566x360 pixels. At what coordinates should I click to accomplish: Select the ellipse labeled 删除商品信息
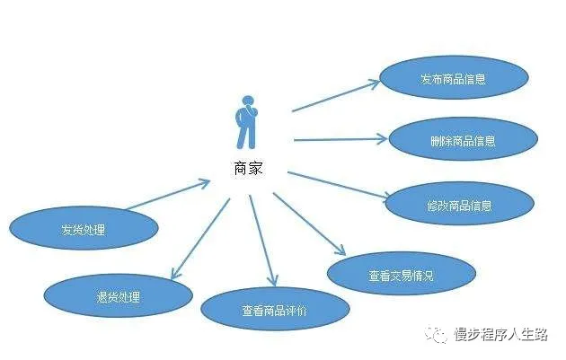tap(463, 140)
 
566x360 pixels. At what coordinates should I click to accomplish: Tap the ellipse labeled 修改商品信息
tap(459, 205)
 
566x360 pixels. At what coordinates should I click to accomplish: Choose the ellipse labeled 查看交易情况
tap(400, 275)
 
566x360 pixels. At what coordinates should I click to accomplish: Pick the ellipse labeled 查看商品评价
tap(274, 310)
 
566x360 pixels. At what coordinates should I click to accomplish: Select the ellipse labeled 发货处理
tap(84, 229)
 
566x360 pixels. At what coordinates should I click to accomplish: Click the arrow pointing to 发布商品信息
tap(336, 97)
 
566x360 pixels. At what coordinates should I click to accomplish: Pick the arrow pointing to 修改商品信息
tap(338, 183)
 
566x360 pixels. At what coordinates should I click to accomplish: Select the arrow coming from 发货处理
tap(166, 195)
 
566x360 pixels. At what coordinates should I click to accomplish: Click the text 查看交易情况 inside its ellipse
tap(400, 276)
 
